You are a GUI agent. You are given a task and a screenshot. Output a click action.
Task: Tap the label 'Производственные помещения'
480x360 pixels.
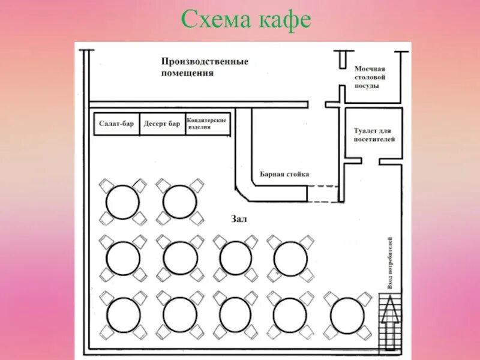205,67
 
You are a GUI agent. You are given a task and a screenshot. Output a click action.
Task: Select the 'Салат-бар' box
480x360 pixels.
116,124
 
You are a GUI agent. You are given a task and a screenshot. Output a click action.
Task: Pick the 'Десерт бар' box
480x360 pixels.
162,124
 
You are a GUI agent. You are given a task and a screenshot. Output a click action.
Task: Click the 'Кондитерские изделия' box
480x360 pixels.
208,124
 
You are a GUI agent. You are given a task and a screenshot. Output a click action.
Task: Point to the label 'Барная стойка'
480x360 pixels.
284,174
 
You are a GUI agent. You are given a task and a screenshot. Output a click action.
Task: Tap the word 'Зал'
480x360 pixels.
238,219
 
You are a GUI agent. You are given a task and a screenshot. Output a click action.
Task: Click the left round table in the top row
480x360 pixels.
122,202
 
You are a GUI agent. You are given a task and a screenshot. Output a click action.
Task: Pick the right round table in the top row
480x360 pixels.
179,202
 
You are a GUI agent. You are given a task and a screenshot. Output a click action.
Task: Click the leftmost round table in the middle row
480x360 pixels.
123,258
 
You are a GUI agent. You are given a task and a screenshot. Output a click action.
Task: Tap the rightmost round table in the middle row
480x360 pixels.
290,258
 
